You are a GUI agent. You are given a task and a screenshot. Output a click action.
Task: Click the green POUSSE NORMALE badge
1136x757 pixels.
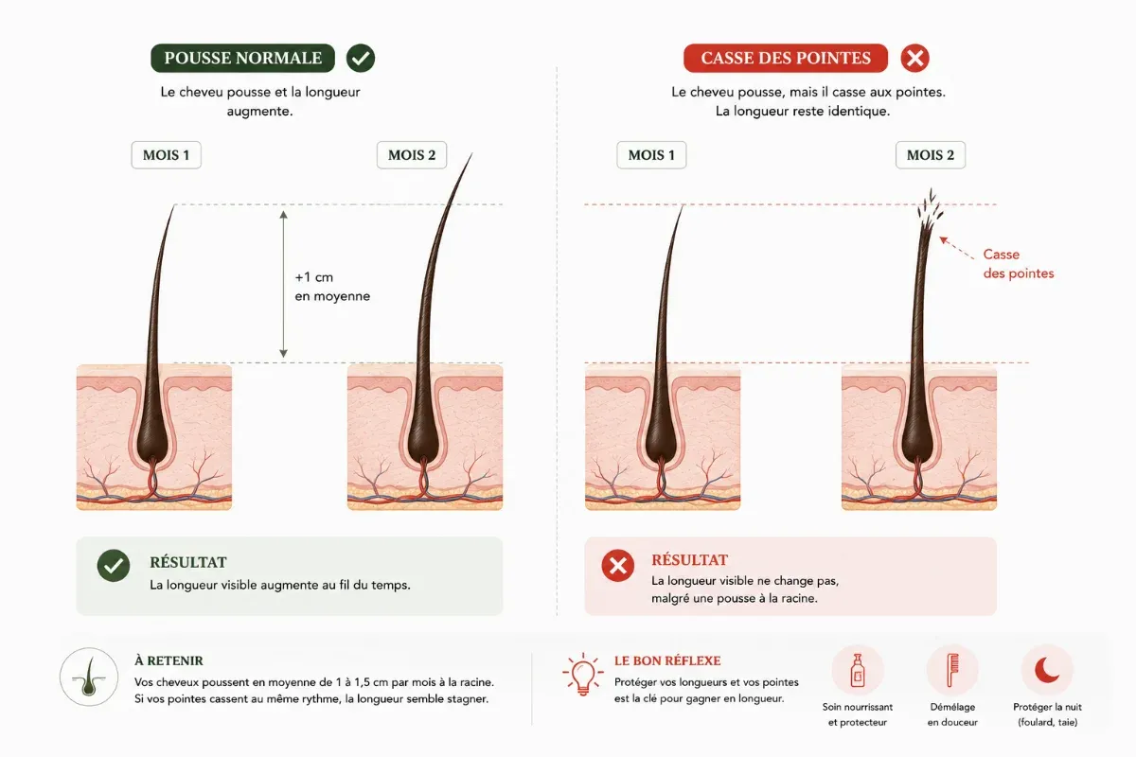coord(242,58)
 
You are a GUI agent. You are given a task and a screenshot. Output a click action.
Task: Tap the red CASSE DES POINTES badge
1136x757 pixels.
coord(786,58)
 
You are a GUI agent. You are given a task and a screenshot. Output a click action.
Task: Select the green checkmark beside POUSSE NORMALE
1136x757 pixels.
coord(361,58)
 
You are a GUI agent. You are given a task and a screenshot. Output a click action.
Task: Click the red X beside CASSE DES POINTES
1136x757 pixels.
coord(914,58)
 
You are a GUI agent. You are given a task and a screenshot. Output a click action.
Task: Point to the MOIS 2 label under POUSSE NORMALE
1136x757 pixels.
coord(412,154)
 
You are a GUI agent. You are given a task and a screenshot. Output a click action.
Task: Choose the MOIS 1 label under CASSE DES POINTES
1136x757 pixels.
coord(651,154)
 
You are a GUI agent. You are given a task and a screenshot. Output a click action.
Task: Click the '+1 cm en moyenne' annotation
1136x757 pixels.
coord(332,287)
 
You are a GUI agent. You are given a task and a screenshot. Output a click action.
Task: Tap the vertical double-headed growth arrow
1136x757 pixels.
coord(283,284)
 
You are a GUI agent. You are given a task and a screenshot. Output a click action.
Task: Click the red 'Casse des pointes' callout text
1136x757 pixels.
coord(1019,264)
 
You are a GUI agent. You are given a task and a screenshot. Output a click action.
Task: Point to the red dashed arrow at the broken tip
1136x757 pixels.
coord(956,248)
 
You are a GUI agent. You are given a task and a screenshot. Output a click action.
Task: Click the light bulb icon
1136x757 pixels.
coord(583,675)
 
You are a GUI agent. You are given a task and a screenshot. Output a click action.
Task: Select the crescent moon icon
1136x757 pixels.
coord(1047,670)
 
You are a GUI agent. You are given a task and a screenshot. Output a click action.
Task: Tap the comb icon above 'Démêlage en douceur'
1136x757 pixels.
coord(953,670)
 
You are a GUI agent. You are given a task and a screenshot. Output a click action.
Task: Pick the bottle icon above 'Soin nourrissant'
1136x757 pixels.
coord(858,670)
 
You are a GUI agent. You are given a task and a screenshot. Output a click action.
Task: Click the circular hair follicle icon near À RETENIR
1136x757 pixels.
coord(89,677)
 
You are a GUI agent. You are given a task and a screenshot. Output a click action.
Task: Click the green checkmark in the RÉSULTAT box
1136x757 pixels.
coord(114,565)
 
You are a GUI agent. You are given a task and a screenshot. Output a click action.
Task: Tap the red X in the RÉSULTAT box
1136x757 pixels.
coord(617,565)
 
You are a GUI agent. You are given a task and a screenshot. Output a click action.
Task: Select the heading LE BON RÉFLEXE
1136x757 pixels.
coord(667,660)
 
